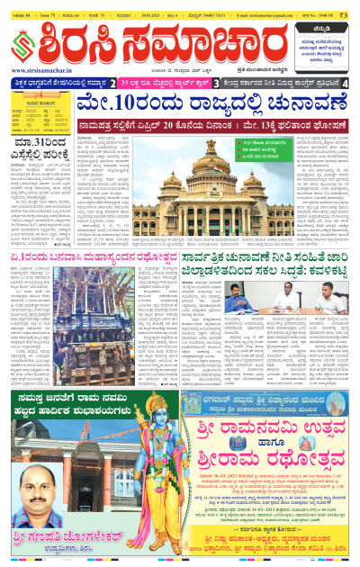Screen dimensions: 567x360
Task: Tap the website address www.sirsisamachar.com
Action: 44,70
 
